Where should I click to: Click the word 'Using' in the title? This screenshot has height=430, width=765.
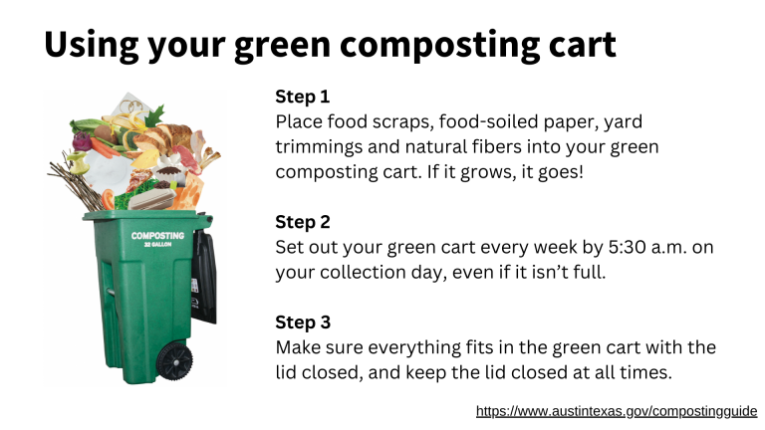point(92,45)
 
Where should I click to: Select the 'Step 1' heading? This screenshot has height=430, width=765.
point(303,97)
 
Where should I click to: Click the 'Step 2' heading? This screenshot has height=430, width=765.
point(303,222)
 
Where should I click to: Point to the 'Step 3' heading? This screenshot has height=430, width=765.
point(303,322)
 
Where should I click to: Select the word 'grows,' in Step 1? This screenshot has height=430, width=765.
point(487,172)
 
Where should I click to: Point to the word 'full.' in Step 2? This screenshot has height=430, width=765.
point(590,272)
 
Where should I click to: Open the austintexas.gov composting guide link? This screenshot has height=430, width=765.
point(617,411)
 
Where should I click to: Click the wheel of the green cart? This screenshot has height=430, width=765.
point(174,361)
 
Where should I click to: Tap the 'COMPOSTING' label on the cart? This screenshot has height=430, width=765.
point(157,236)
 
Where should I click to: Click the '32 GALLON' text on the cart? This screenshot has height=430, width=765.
point(157,244)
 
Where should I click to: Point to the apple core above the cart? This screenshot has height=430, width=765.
point(78,163)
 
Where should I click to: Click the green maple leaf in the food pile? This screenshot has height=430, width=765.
point(154,117)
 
